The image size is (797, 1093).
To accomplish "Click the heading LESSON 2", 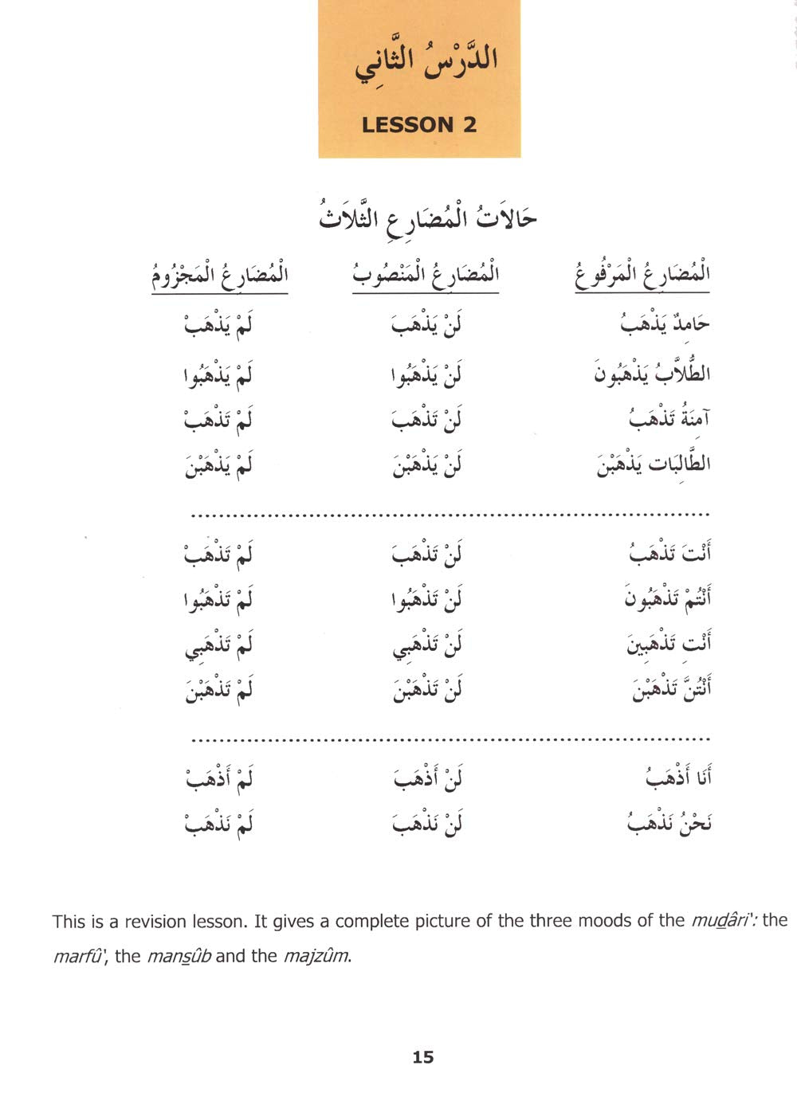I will [x=419, y=124].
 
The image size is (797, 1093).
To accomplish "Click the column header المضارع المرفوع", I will [x=642, y=276].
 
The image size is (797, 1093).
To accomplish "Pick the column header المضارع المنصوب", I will [x=426, y=276].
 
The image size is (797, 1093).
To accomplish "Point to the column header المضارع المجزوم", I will [x=220, y=276].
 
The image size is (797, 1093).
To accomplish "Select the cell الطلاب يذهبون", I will [x=652, y=373].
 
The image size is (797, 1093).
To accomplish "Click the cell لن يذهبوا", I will [x=427, y=373].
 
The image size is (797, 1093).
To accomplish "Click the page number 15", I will [x=423, y=1057].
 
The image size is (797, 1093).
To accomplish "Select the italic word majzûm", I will [x=316, y=956].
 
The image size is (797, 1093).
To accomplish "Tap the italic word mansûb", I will [x=179, y=956].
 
